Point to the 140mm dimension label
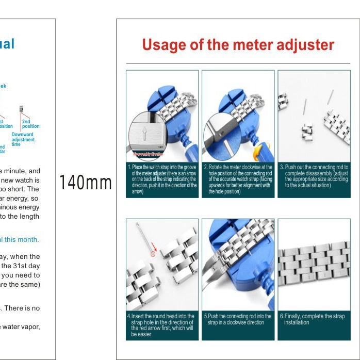coord(86,182)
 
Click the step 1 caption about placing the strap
coord(162,179)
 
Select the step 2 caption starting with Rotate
coord(238,179)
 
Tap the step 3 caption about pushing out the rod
coord(314,176)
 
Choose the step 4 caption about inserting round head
coord(162,325)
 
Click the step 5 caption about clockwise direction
coord(238,319)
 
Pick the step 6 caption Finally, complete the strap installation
coord(314,319)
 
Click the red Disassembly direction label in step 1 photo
coord(149,154)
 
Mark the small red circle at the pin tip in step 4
coord(153,253)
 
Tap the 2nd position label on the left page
coord(30,124)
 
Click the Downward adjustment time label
coord(23,139)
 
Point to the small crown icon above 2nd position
coord(21,109)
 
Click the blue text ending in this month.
coord(20,239)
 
